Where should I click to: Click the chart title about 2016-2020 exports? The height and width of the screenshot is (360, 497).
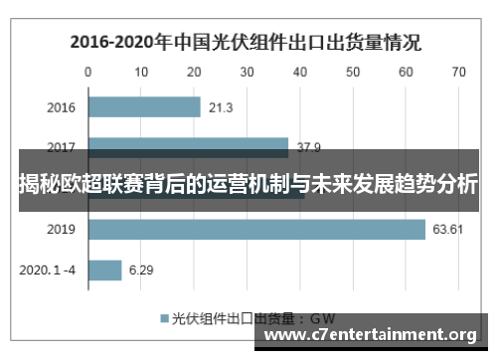(x=245, y=43)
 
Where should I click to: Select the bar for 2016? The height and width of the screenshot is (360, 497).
(x=144, y=106)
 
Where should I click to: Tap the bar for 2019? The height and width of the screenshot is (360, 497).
(x=256, y=230)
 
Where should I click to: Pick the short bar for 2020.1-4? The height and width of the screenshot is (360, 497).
(x=104, y=270)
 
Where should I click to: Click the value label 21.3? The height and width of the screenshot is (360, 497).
(x=222, y=107)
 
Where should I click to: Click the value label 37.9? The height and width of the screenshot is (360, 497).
(x=309, y=148)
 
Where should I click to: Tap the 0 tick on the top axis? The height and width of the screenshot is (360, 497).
(x=88, y=72)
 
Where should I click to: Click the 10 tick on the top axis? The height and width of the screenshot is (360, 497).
(x=141, y=72)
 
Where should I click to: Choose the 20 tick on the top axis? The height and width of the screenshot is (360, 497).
(x=194, y=72)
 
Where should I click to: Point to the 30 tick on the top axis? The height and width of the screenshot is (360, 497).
(x=247, y=72)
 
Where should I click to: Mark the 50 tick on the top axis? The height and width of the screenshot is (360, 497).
(x=352, y=72)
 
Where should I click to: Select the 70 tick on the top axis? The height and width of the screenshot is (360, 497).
(x=458, y=72)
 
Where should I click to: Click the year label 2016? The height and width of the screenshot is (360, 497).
(x=62, y=107)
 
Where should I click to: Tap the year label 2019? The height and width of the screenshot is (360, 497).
(x=62, y=230)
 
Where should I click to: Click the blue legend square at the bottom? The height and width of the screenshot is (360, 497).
(x=165, y=319)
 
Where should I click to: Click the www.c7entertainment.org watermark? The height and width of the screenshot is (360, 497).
(x=373, y=334)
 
